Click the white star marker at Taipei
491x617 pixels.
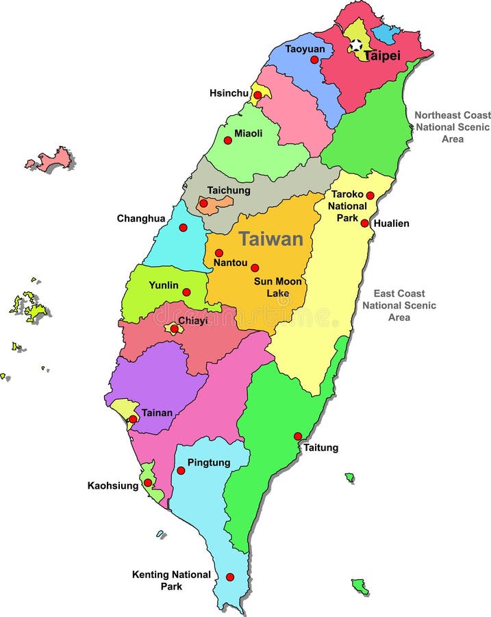(x=356, y=45)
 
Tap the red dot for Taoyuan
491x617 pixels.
(x=314, y=60)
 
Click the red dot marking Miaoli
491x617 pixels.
(x=227, y=140)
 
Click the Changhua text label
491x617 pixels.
(x=140, y=219)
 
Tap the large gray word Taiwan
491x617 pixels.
(x=270, y=239)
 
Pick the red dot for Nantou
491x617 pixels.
(x=219, y=252)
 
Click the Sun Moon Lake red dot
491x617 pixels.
(x=255, y=268)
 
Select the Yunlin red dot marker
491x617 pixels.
(x=186, y=292)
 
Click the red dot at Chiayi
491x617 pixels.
(x=174, y=329)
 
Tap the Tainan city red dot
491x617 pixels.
(x=133, y=419)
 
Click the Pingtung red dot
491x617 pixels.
(x=181, y=470)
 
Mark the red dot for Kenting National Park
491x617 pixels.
(x=229, y=577)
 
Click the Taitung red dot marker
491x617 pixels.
(x=298, y=436)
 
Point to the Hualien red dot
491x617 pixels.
(x=364, y=223)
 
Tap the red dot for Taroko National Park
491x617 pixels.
(x=370, y=195)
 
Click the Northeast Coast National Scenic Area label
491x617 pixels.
(x=452, y=127)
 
